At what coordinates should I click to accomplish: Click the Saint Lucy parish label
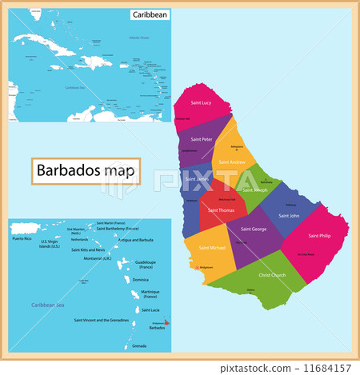[x=200, y=103]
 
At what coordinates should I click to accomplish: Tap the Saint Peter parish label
[x=201, y=139]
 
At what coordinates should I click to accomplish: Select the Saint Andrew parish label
[x=231, y=162]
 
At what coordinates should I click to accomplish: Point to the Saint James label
[x=195, y=178]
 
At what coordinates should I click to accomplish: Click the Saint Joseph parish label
[x=254, y=190]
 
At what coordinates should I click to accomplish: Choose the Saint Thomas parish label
[x=222, y=209]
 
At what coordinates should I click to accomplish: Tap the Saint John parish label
[x=289, y=215]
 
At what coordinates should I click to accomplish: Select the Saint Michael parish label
[x=212, y=248]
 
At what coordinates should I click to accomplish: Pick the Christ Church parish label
[x=271, y=275]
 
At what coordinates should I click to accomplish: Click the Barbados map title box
[x=86, y=171]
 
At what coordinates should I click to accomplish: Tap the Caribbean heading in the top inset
[x=149, y=15]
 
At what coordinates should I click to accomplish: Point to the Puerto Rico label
[x=22, y=239]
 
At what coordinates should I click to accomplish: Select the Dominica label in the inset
[x=140, y=280]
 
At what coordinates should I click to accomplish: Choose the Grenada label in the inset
[x=139, y=345]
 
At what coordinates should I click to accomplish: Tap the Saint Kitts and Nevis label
[x=89, y=250]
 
